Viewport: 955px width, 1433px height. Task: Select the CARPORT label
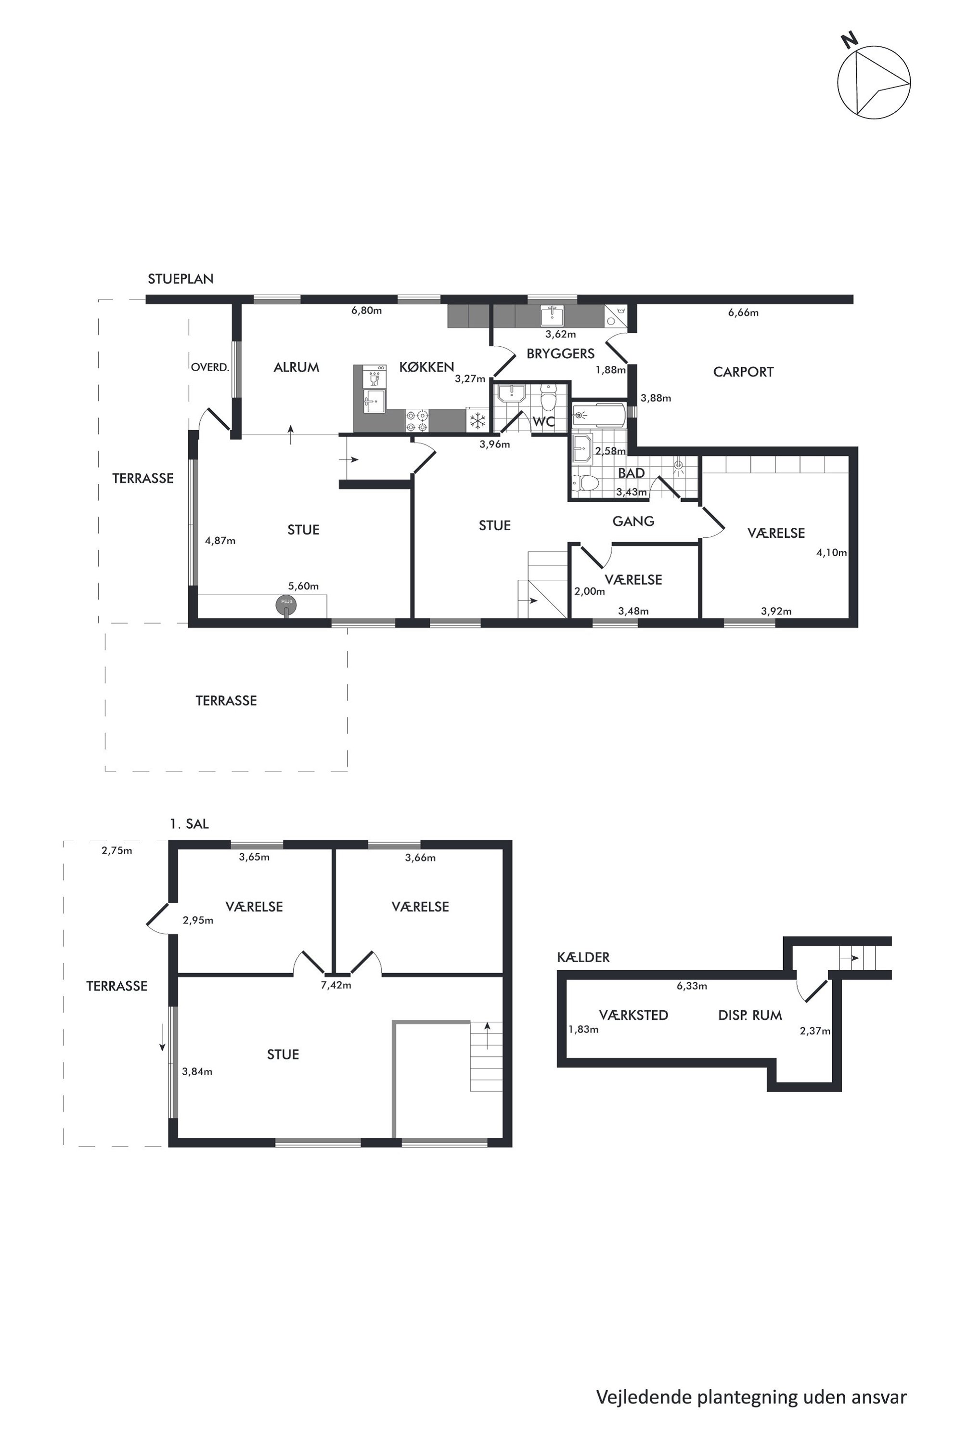click(x=743, y=372)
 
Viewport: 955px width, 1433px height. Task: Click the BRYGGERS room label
click(x=560, y=353)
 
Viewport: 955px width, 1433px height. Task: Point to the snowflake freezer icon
click(x=477, y=420)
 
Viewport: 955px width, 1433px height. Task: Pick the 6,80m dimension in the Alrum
click(x=367, y=310)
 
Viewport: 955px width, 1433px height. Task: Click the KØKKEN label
click(x=426, y=367)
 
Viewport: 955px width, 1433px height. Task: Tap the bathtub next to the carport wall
click(x=599, y=416)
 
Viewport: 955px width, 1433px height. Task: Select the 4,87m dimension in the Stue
click(x=220, y=540)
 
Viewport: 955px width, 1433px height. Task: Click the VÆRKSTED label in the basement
click(x=633, y=1016)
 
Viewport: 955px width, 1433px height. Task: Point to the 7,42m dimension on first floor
click(x=336, y=985)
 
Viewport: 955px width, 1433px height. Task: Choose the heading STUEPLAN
click(x=181, y=279)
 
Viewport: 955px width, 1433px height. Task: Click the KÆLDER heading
click(x=583, y=958)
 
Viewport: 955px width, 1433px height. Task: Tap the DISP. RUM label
click(x=750, y=1016)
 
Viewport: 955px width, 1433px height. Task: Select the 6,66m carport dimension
click(x=743, y=313)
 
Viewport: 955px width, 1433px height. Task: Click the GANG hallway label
click(x=633, y=521)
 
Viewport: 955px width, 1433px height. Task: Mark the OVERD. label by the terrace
click(x=209, y=367)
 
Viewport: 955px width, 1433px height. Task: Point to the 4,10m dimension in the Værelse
click(x=831, y=553)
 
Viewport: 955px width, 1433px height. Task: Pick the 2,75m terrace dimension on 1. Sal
click(x=117, y=850)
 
